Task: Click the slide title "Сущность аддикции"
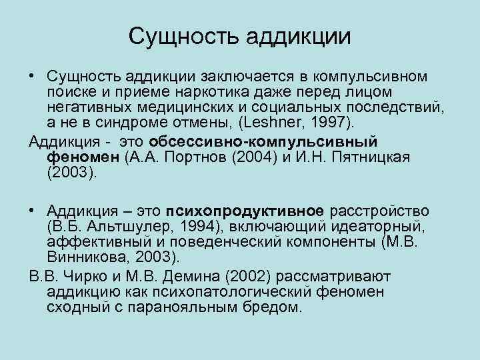(239, 36)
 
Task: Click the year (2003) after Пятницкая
(73, 173)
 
